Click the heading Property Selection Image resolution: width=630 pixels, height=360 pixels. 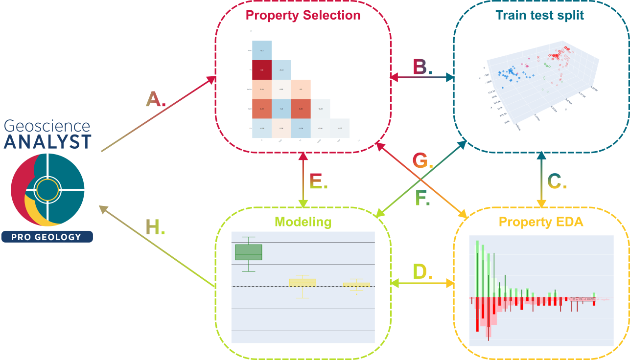[x=303, y=15]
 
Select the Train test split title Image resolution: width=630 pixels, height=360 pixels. [x=539, y=15]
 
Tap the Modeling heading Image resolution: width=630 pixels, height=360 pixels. [x=303, y=222]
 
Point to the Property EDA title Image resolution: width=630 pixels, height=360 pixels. [x=541, y=222]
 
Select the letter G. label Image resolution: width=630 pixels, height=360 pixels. [x=422, y=160]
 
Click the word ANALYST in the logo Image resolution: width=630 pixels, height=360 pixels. [x=47, y=142]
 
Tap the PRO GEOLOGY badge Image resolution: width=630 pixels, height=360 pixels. [x=47, y=237]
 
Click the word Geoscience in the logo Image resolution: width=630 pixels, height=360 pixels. [x=47, y=127]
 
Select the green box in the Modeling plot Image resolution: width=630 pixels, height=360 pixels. [x=249, y=252]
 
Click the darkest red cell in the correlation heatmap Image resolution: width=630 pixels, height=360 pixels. [x=261, y=70]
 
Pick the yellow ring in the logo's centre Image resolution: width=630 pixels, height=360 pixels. [x=47, y=189]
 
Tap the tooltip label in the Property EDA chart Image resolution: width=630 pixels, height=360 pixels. [x=582, y=299]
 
